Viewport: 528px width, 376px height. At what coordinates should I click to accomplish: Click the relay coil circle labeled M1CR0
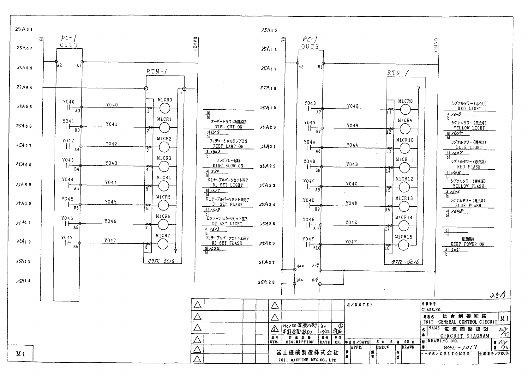click(x=164, y=109)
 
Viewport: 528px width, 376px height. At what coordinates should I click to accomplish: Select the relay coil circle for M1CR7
click(x=163, y=244)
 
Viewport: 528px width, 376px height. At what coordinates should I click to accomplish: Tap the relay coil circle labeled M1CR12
click(x=405, y=187)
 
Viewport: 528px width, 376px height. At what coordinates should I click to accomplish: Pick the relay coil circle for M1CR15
click(x=404, y=245)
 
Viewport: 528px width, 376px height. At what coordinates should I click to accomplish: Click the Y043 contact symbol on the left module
click(x=67, y=166)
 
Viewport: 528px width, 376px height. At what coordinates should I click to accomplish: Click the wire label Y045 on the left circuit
click(x=111, y=202)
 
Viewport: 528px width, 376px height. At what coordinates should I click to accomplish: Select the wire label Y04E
click(x=351, y=222)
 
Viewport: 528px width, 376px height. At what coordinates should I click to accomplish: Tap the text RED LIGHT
click(x=470, y=109)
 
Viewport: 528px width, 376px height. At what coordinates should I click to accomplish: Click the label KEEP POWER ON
click(x=467, y=244)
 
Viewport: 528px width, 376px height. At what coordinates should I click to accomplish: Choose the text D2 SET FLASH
click(x=227, y=243)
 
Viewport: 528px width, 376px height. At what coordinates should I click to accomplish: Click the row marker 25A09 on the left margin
click(x=24, y=184)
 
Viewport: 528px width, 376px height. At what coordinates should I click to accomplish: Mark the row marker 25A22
click(x=267, y=166)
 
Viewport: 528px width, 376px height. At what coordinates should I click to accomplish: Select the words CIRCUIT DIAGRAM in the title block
click(x=465, y=336)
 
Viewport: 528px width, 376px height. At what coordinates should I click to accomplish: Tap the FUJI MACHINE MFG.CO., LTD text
click(x=307, y=360)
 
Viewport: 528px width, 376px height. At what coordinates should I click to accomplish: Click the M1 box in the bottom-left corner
click(x=21, y=354)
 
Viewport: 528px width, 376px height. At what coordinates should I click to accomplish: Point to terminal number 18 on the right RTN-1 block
click(x=387, y=249)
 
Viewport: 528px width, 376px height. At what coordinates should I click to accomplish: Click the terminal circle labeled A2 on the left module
click(x=56, y=62)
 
